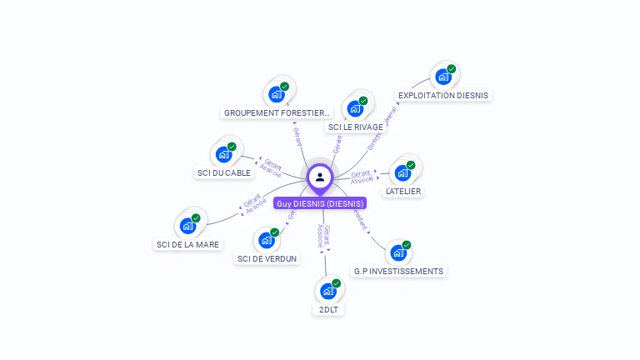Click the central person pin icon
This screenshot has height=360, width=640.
tap(320, 177)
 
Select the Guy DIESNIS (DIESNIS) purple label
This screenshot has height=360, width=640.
tap(320, 203)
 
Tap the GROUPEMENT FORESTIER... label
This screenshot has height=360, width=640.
tap(277, 112)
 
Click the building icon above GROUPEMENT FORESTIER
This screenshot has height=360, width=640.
tap(277, 93)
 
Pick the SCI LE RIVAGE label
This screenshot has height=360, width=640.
tap(356, 127)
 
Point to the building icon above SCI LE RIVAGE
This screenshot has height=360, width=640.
tap(356, 108)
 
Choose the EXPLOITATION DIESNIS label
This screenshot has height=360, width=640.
tap(443, 95)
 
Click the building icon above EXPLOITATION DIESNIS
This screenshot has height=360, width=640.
tap(443, 77)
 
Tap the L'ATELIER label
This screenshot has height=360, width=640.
tap(403, 191)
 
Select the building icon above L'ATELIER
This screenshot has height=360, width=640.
tap(403, 172)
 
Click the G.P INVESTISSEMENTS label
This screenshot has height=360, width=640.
tap(398, 271)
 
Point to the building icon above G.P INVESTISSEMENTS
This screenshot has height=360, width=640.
tap(398, 252)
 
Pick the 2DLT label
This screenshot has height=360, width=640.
tap(328, 309)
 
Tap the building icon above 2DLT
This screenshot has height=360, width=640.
tap(328, 291)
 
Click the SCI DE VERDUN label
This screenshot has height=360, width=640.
tap(267, 258)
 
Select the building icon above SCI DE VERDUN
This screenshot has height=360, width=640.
tap(267, 240)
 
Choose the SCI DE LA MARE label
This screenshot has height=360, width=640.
tap(187, 244)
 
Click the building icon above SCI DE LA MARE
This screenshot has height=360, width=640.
tap(188, 226)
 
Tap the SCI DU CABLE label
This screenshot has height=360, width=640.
tap(223, 172)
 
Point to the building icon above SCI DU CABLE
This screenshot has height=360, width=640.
tap(224, 154)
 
